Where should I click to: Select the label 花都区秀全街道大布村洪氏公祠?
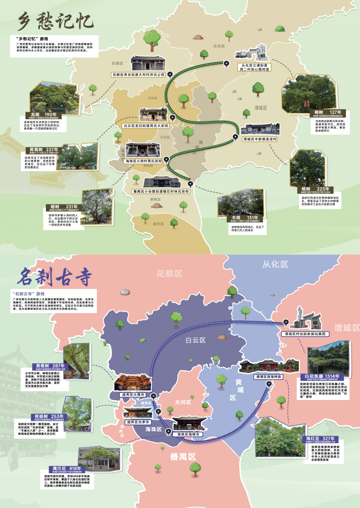pyautogui.click(x=138, y=74)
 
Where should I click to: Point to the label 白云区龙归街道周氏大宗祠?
pyautogui.click(x=145, y=125)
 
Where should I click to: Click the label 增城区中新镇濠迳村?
pyautogui.click(x=260, y=139)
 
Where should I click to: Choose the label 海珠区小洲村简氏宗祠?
pyautogui.click(x=143, y=161)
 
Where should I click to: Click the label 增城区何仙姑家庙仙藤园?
pyautogui.click(x=303, y=333)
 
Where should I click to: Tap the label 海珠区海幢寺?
pyautogui.click(x=186, y=434)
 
